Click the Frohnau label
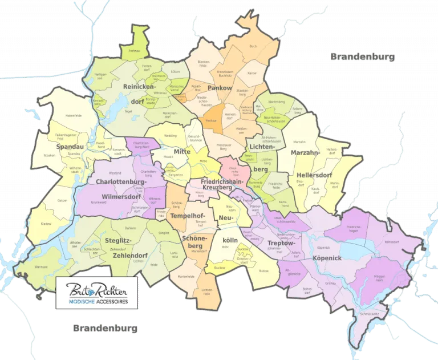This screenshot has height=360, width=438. (x=135, y=51)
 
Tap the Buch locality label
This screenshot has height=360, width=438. (x=253, y=46)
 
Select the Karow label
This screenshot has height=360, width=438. (x=252, y=74)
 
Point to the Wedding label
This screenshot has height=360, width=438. (x=171, y=136)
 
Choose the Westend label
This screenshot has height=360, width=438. (x=115, y=172)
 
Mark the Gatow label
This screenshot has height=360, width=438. (x=46, y=201)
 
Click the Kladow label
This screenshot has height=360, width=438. (x=46, y=224)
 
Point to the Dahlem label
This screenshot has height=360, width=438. (x=130, y=228)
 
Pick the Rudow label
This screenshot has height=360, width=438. (x=263, y=270)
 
